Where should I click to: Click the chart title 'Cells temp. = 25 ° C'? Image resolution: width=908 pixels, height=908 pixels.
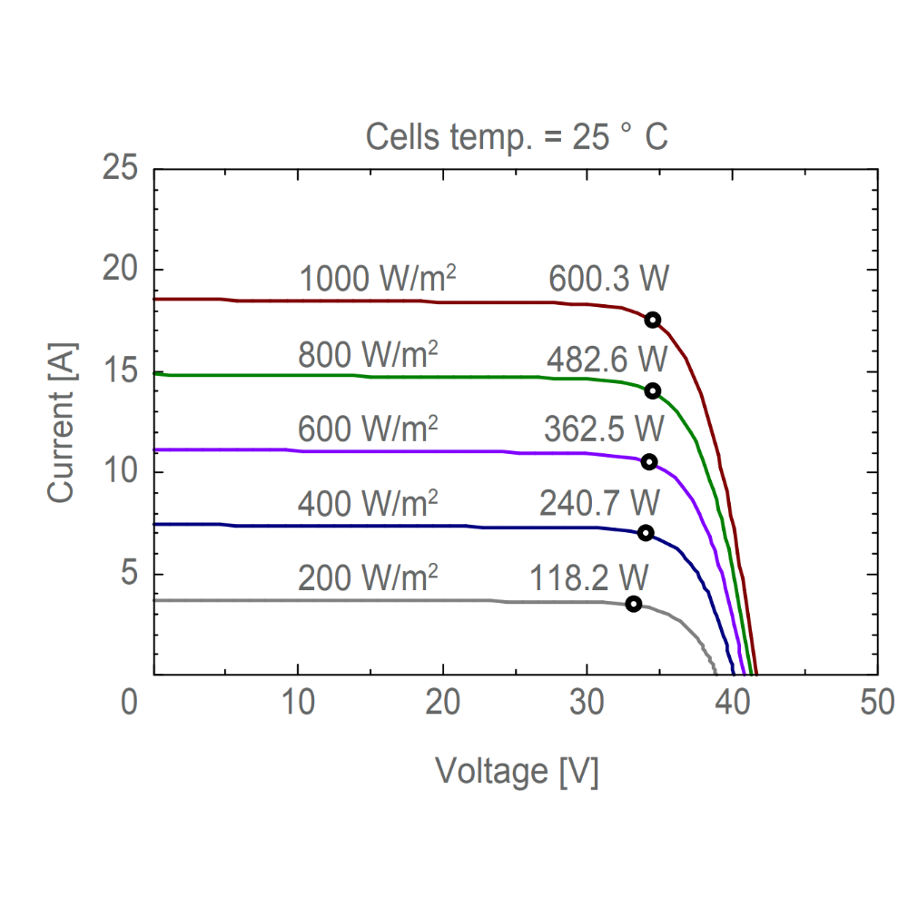click(517, 138)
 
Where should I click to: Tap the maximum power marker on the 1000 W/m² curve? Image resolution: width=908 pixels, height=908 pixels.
click(652, 320)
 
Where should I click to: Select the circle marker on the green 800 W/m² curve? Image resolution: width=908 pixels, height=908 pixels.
click(652, 390)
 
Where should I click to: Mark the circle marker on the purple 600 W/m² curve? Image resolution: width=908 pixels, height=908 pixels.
click(648, 462)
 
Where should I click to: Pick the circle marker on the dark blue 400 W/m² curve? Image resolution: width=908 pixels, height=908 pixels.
click(645, 533)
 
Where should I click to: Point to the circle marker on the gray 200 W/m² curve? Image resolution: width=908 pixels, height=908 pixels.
click(633, 604)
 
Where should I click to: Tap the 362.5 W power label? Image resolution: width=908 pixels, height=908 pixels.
click(604, 428)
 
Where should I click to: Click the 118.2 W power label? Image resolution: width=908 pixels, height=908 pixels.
click(590, 577)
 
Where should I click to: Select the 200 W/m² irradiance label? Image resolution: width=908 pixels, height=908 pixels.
click(368, 577)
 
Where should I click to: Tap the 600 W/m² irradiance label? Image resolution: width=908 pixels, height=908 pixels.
click(368, 428)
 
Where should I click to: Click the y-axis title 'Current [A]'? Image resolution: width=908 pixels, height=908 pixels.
click(61, 422)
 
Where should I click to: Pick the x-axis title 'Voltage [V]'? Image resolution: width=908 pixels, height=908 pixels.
click(517, 772)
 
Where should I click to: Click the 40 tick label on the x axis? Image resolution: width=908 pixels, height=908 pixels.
click(734, 704)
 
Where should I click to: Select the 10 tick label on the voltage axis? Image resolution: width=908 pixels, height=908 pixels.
click(299, 704)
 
